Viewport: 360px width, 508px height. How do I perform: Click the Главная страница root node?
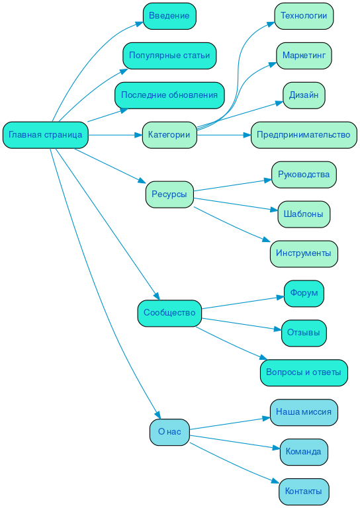tap(45, 135)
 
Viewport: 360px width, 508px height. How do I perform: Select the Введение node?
tap(169, 16)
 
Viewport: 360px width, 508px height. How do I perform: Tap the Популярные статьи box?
tap(169, 56)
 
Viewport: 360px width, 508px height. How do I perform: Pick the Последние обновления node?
tap(169, 95)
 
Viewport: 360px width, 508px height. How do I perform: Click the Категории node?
tap(169, 135)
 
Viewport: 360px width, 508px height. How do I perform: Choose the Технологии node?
tap(304, 16)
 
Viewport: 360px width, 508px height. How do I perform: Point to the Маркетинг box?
tap(304, 56)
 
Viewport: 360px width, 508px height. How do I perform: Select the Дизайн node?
tap(304, 95)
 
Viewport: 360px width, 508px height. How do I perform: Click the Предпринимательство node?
tap(304, 135)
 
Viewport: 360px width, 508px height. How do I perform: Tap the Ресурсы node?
tap(169, 194)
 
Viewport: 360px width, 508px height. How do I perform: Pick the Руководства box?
tap(304, 175)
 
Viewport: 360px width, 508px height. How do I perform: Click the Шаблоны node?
tap(304, 214)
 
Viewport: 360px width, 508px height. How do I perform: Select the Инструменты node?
tap(304, 253)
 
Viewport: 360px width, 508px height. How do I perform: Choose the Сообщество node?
tap(169, 313)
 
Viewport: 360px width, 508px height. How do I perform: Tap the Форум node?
tap(304, 293)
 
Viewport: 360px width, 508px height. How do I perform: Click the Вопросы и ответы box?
tap(304, 372)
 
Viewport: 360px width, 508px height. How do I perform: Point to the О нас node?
tap(169, 432)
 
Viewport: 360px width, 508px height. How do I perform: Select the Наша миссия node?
tap(304, 412)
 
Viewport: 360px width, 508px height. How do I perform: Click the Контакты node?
tap(304, 491)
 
